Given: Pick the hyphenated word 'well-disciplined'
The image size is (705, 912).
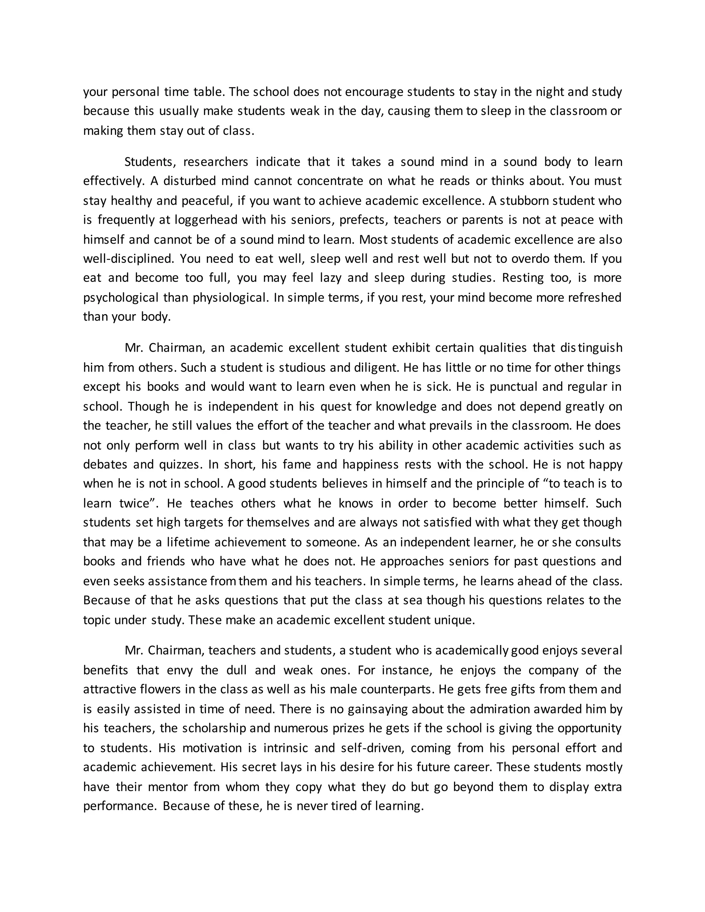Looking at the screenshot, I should pos(128,259).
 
